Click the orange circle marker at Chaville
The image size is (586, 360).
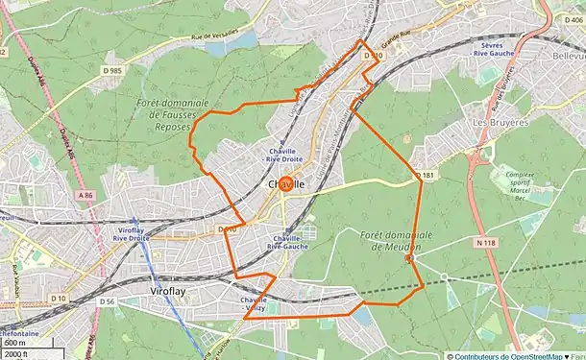pyautogui.click(x=285, y=187)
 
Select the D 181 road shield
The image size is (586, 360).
pyautogui.click(x=427, y=176)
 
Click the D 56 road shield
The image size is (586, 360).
pyautogui.click(x=107, y=300)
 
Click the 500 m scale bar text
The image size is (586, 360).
pyautogui.click(x=15, y=343)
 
